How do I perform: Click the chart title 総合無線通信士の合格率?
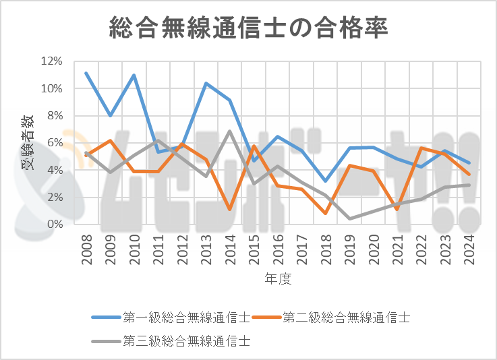pyautogui.click(x=248, y=29)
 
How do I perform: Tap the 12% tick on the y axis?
pyautogui.click(x=51, y=61)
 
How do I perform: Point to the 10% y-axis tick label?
pyautogui.click(x=51, y=88)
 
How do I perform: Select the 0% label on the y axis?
pyautogui.click(x=54, y=223)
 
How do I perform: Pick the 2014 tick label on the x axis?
pyautogui.click(x=230, y=249)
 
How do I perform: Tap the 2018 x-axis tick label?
pyautogui.click(x=326, y=249)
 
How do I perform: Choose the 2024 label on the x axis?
pyautogui.click(x=469, y=249)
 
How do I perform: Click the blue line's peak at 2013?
pyautogui.click(x=206, y=83)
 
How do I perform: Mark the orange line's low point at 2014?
pyautogui.click(x=230, y=210)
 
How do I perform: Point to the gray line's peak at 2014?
pyautogui.click(x=230, y=131)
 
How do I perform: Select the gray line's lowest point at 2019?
pyautogui.click(x=349, y=218)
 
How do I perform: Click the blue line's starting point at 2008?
pyautogui.click(x=86, y=73)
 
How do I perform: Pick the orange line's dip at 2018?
pyautogui.click(x=326, y=213)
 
